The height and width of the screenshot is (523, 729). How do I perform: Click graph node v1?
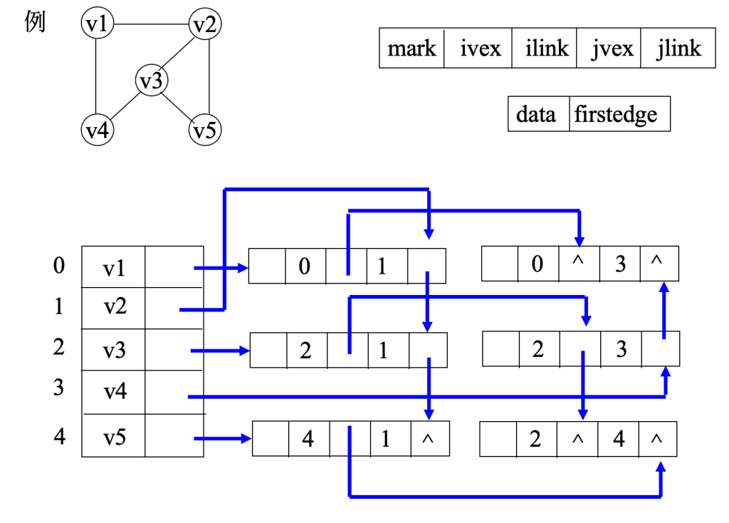click(x=96, y=24)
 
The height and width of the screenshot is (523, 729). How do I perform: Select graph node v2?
click(x=205, y=26)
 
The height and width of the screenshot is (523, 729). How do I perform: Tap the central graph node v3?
click(x=151, y=81)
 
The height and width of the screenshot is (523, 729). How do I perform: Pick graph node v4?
click(x=97, y=130)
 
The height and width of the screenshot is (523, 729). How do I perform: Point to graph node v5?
click(x=205, y=130)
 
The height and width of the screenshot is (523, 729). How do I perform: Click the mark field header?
click(x=411, y=48)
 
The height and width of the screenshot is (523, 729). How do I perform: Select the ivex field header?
click(x=478, y=48)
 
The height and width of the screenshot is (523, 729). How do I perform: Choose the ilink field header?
click(x=545, y=48)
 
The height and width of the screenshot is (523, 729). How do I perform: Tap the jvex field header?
click(x=609, y=48)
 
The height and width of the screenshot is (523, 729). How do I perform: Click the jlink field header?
click(x=678, y=48)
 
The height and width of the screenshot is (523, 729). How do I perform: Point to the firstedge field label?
click(x=619, y=114)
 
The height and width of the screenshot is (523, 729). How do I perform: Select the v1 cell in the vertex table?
click(x=114, y=267)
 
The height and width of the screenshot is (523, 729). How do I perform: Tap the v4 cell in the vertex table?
click(x=114, y=390)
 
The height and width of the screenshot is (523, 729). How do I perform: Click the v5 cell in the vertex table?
click(x=114, y=435)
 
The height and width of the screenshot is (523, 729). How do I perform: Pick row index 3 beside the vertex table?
click(x=58, y=388)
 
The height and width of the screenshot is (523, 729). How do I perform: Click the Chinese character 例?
click(x=35, y=22)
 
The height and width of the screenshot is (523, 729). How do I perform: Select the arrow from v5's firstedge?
click(x=221, y=439)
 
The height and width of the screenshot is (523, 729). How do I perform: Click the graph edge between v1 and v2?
click(x=151, y=25)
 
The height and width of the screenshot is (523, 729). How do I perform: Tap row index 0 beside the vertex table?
click(x=58, y=266)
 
